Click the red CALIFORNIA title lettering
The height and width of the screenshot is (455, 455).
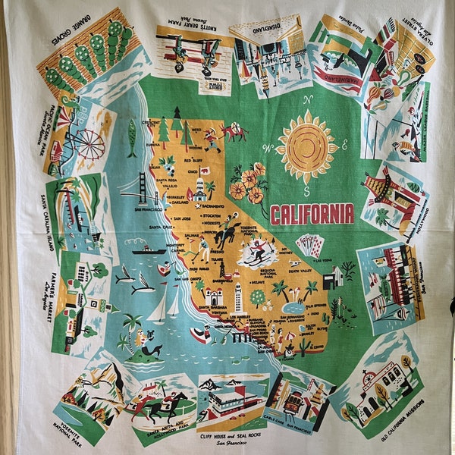click(x=312, y=214)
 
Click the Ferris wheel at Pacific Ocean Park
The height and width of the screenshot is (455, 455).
click(x=89, y=144)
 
